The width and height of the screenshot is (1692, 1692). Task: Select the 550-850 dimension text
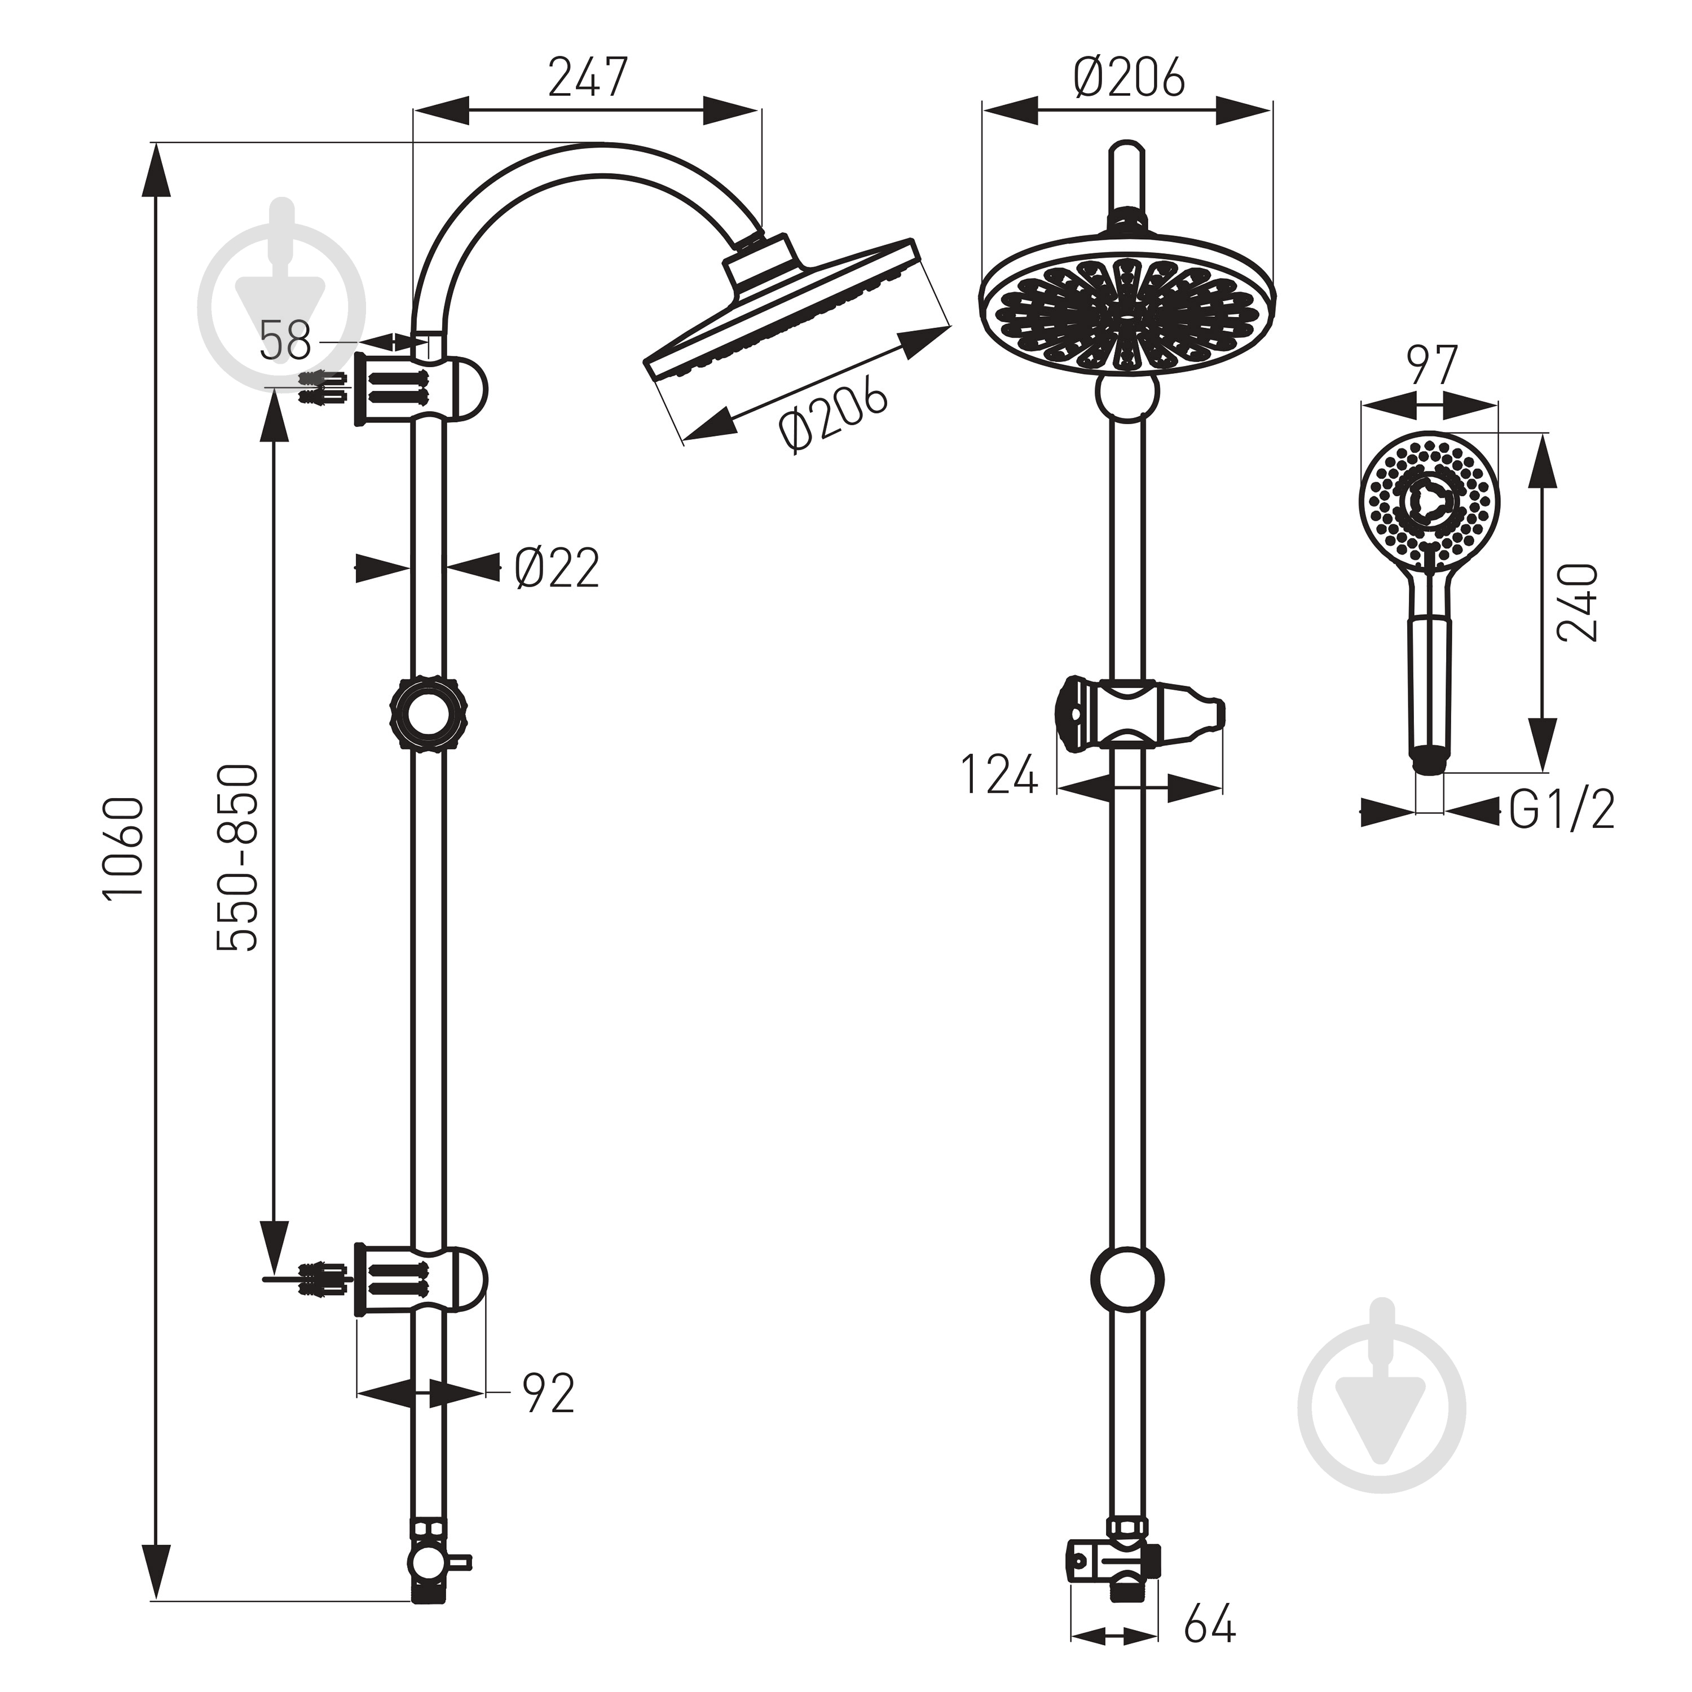tap(238, 858)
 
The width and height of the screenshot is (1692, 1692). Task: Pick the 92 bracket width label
tap(548, 1393)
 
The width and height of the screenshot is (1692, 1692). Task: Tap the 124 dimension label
tap(999, 774)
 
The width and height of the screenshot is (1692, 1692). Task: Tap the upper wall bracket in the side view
tap(420, 390)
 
